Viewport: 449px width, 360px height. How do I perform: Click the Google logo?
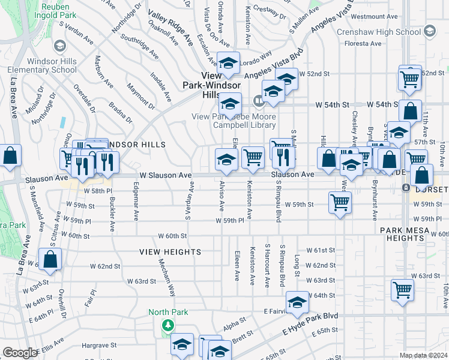[x=20, y=353]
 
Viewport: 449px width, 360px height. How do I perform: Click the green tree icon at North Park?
[x=169, y=325]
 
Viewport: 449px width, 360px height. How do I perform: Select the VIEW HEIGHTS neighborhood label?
[x=170, y=253]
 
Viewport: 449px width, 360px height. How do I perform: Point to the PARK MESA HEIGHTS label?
[x=412, y=234]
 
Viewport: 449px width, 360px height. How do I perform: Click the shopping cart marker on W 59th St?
[x=340, y=202]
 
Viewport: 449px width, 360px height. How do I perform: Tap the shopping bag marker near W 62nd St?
[x=50, y=259]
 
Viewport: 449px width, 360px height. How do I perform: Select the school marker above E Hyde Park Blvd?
[x=297, y=303]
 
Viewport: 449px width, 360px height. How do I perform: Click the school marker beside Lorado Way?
[x=228, y=63]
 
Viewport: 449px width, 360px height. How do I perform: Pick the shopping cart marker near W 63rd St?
[x=402, y=289]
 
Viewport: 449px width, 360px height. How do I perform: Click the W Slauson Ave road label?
[x=166, y=175]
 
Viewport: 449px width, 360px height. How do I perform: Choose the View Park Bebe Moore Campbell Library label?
[x=234, y=121]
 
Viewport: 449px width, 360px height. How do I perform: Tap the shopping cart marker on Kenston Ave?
[x=253, y=157]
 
